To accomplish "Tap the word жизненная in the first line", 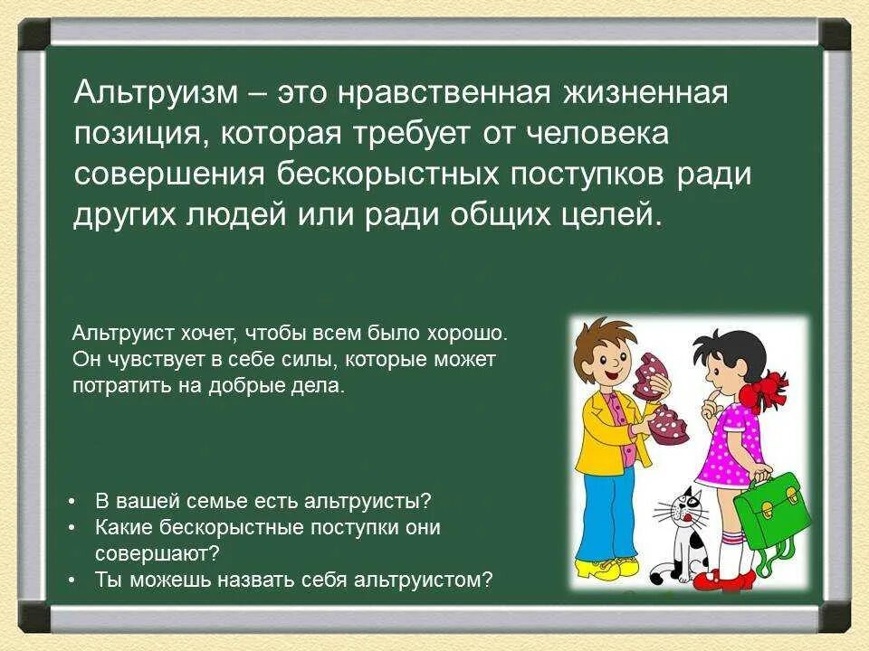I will (645, 93).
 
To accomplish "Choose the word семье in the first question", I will (215, 501).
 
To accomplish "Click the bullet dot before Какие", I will (72, 528).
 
